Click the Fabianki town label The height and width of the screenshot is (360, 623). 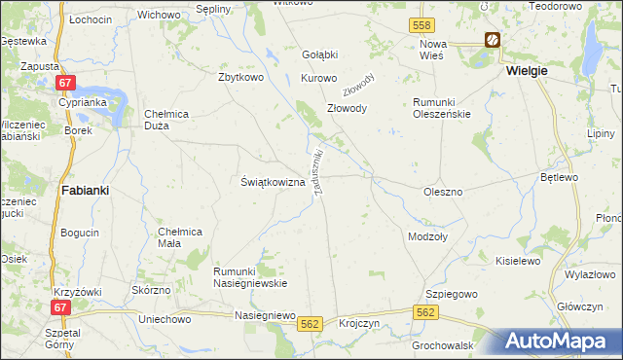(84, 191)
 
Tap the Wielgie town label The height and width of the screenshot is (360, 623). (527, 71)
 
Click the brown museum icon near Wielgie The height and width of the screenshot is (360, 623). (493, 40)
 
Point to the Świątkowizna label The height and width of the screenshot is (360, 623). (273, 182)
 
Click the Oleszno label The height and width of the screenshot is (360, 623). (443, 192)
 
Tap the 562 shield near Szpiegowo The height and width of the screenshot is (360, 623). (424, 312)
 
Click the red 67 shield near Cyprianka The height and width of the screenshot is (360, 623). (65, 85)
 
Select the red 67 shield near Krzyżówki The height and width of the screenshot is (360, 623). (61, 307)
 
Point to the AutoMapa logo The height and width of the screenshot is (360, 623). (560, 341)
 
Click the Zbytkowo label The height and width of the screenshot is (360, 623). (242, 78)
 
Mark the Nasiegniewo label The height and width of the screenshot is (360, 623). (264, 315)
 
